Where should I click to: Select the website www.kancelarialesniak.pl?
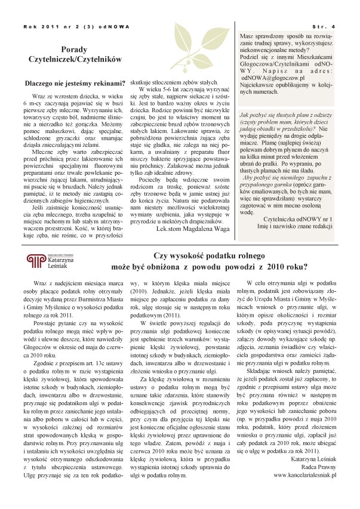pos(305,475)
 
